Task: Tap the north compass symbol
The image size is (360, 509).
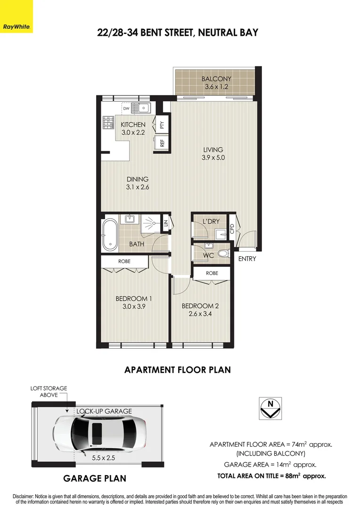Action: point(270,407)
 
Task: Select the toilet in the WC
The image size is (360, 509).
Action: point(222,254)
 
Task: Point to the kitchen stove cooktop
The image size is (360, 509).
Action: point(107,123)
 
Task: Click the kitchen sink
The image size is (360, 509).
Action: point(140,108)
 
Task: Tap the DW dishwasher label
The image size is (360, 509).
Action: point(126,109)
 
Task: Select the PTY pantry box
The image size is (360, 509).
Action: point(162,125)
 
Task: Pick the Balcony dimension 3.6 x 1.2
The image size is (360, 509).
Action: point(216,87)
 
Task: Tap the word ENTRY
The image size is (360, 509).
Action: point(247,259)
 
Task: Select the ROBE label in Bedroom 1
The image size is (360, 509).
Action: point(124,261)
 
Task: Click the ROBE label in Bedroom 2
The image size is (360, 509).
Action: point(212,273)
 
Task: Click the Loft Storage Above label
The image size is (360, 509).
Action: point(49,392)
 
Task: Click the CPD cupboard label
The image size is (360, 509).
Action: point(232,229)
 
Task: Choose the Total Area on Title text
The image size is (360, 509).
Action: point(271,476)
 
